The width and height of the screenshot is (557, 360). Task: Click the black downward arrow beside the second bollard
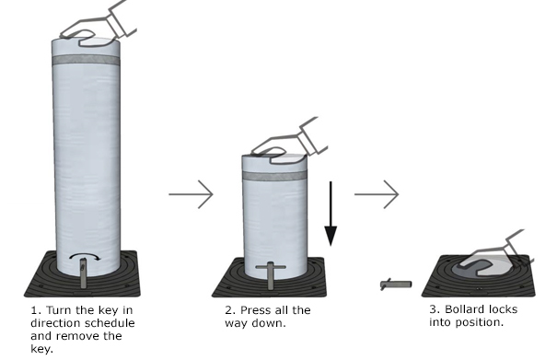(331, 214)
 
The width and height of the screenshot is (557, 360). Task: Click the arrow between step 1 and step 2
(191, 194)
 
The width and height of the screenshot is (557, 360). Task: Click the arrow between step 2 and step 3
(377, 194)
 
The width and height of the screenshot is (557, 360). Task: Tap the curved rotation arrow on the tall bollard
(85, 256)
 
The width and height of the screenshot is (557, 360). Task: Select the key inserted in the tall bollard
(83, 273)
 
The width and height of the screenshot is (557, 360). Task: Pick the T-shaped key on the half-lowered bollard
(271, 274)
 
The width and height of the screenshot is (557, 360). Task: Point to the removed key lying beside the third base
(396, 285)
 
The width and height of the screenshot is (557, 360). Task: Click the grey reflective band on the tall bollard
(86, 60)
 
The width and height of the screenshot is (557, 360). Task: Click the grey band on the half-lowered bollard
(274, 175)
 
